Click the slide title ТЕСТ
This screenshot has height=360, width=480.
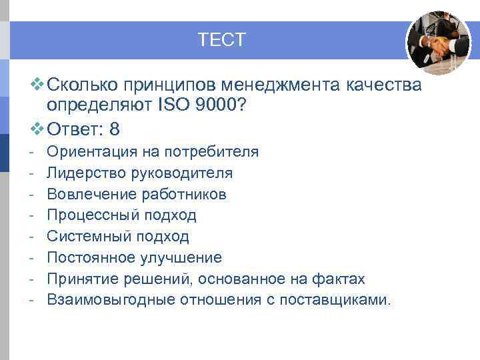pyautogui.click(x=222, y=40)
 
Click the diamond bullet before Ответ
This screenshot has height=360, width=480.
pyautogui.click(x=37, y=127)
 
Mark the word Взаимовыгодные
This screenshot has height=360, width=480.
pyautogui.click(x=111, y=299)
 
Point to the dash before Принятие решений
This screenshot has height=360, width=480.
pyautogui.click(x=32, y=279)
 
